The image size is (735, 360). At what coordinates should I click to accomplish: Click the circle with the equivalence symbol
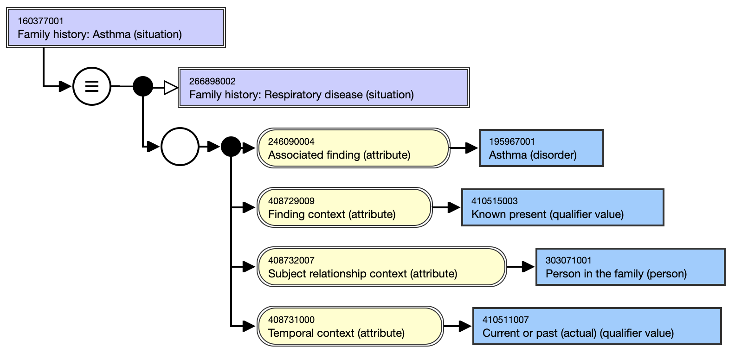coord(92,86)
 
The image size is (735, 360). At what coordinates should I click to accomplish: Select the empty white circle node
coord(180,146)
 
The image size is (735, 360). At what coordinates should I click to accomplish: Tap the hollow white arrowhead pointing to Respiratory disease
coord(171,88)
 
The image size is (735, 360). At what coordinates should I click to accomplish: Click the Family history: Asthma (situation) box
coord(116,27)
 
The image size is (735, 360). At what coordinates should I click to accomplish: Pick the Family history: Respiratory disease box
coord(324,88)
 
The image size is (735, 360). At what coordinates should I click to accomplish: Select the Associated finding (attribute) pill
coord(353,148)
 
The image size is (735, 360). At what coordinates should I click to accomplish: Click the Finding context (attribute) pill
coord(344,207)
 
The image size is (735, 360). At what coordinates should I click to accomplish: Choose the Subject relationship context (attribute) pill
coord(381,267)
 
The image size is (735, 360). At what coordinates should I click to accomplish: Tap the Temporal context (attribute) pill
coord(350,326)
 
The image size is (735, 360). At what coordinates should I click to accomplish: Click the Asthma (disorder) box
coord(542,148)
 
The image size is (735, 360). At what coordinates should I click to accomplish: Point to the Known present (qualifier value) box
coord(563,207)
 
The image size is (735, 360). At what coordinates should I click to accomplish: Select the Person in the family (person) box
coord(630,267)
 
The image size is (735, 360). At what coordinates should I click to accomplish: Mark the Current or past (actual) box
coord(597,326)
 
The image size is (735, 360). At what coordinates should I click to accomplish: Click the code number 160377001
coord(40,21)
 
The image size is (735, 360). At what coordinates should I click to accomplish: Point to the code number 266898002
coord(213,81)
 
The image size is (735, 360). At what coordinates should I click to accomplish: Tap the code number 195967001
coord(512,141)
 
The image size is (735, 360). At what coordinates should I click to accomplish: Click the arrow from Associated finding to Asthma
coord(464,148)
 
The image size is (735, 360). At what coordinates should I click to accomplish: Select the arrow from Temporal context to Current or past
coord(458,326)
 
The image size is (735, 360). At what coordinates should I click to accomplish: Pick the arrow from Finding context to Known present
coord(446,207)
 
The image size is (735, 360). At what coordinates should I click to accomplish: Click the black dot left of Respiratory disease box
coord(143,86)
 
